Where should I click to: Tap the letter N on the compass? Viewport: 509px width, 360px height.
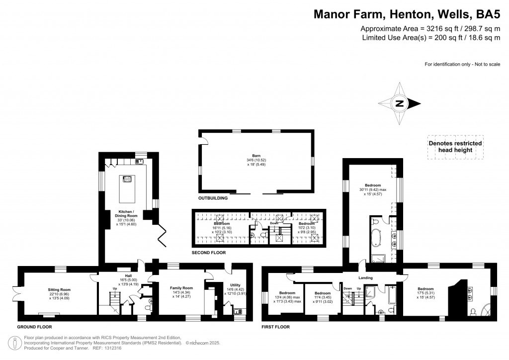399,104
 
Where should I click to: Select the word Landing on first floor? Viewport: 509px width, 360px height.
365,277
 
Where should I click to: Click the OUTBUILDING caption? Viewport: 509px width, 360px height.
213,198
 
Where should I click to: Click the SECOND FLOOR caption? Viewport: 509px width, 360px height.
209,253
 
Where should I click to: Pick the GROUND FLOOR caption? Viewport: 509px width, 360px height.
34,327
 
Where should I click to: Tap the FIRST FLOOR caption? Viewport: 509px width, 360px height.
275,327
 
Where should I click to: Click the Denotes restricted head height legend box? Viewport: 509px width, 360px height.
455,147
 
